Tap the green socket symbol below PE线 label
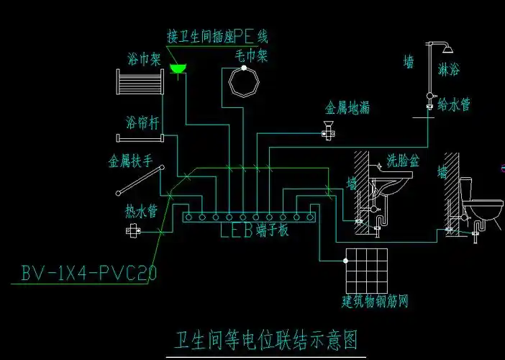(x=177, y=68)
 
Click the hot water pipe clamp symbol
(x=134, y=230)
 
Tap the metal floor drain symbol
(x=328, y=131)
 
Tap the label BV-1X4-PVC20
(x=89, y=274)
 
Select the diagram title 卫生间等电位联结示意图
(x=266, y=339)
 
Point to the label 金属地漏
(x=348, y=108)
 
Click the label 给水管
(x=455, y=105)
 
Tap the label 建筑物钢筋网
(x=374, y=299)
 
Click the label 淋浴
(x=449, y=70)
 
